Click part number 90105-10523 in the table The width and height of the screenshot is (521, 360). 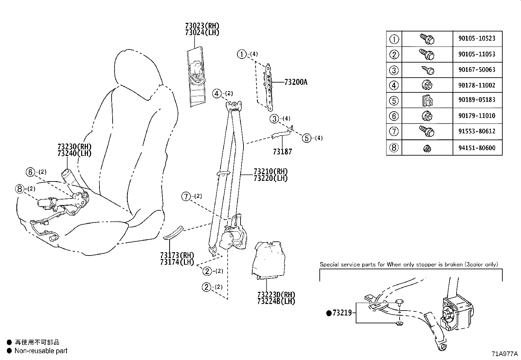point(477,38)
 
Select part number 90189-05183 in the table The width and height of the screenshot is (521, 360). point(477,100)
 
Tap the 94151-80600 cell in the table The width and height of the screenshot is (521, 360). point(477,148)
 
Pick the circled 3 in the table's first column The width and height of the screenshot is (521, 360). point(394,70)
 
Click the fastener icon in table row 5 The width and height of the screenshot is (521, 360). point(426,100)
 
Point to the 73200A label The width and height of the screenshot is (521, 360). point(296,82)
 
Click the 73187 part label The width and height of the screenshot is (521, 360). point(282,152)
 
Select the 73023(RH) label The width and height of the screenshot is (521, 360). point(202,26)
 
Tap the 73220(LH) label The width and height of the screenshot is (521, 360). point(271,179)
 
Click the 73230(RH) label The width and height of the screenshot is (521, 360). point(74,147)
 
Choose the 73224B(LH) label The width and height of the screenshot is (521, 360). point(276,301)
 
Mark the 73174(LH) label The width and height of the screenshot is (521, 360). point(177,262)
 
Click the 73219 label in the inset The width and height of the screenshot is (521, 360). point(342,313)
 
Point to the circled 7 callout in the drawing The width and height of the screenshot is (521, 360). point(186,197)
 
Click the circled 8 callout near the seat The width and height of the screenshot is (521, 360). point(20,189)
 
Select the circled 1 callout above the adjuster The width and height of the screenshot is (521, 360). point(242,54)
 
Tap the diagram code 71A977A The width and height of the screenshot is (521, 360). point(504,354)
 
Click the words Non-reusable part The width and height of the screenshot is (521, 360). point(41,351)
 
